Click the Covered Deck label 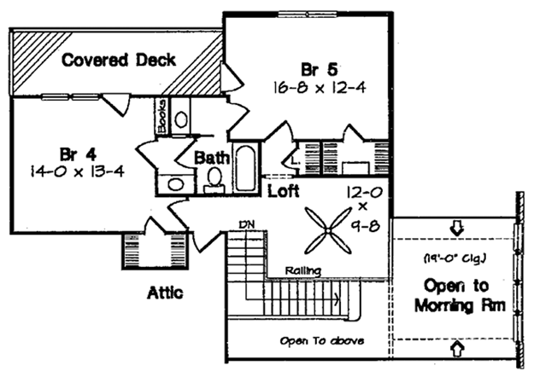click(119, 61)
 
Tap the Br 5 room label click(319, 70)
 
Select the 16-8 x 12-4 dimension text click(319, 88)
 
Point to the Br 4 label click(78, 154)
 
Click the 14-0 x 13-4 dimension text click(77, 171)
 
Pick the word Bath click(212, 158)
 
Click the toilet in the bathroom click(214, 180)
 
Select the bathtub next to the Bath click(245, 168)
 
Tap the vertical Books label click(162, 116)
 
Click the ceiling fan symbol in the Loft click(327, 231)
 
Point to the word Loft click(284, 191)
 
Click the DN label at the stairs click(247, 224)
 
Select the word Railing click(302, 270)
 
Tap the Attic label click(165, 293)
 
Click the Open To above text click(321, 340)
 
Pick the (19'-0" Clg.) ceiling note click(455, 258)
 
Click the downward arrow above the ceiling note click(457, 229)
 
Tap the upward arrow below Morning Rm click(457, 348)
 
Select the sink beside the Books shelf click(181, 119)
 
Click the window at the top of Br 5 click(308, 14)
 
